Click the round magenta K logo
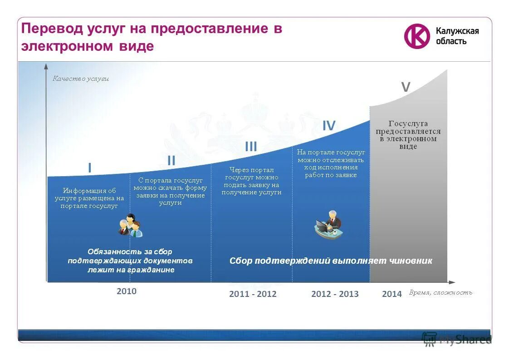pos(416,36)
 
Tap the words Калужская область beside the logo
pos(457,36)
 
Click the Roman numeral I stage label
pos(89,168)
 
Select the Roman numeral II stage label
pos(171,160)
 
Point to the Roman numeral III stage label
pos(251,146)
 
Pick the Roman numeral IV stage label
pos(329,126)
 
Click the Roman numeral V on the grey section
pos(406,87)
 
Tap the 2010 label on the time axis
pos(126,291)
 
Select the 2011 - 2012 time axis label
pos(253,294)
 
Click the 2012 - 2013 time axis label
pos(335,294)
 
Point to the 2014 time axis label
pos(392,294)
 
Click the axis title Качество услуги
pos(81,79)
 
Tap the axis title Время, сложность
pos(440,292)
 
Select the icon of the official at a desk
pos(329,225)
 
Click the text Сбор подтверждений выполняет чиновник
pos(331,261)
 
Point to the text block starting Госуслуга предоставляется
pos(408,135)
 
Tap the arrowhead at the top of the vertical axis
pos(46,66)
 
